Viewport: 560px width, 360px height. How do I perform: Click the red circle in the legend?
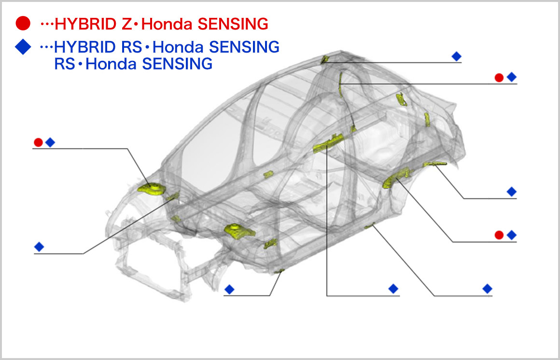point(23,23)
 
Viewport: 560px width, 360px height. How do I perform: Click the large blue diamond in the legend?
point(23,47)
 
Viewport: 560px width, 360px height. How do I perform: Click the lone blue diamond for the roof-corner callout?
point(456,56)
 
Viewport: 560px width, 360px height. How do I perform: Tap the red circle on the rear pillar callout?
point(499,77)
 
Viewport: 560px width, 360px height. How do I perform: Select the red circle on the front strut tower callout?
point(38,142)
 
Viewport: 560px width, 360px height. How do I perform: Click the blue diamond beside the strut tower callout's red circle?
point(50,142)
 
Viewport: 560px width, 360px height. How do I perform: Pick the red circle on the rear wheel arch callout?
point(499,235)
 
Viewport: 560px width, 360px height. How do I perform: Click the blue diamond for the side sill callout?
point(487,289)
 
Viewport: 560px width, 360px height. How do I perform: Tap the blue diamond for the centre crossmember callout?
point(393,289)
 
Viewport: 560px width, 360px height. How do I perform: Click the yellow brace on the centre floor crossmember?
point(329,143)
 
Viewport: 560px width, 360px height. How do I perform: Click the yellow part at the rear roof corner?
point(325,59)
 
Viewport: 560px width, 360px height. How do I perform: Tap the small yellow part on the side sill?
point(370,226)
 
